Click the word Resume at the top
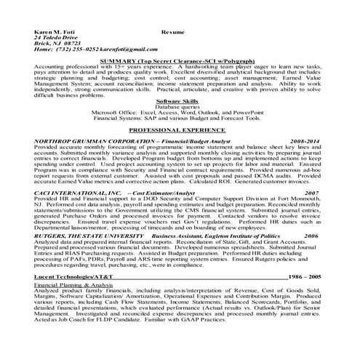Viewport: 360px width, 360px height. pos(172,33)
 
